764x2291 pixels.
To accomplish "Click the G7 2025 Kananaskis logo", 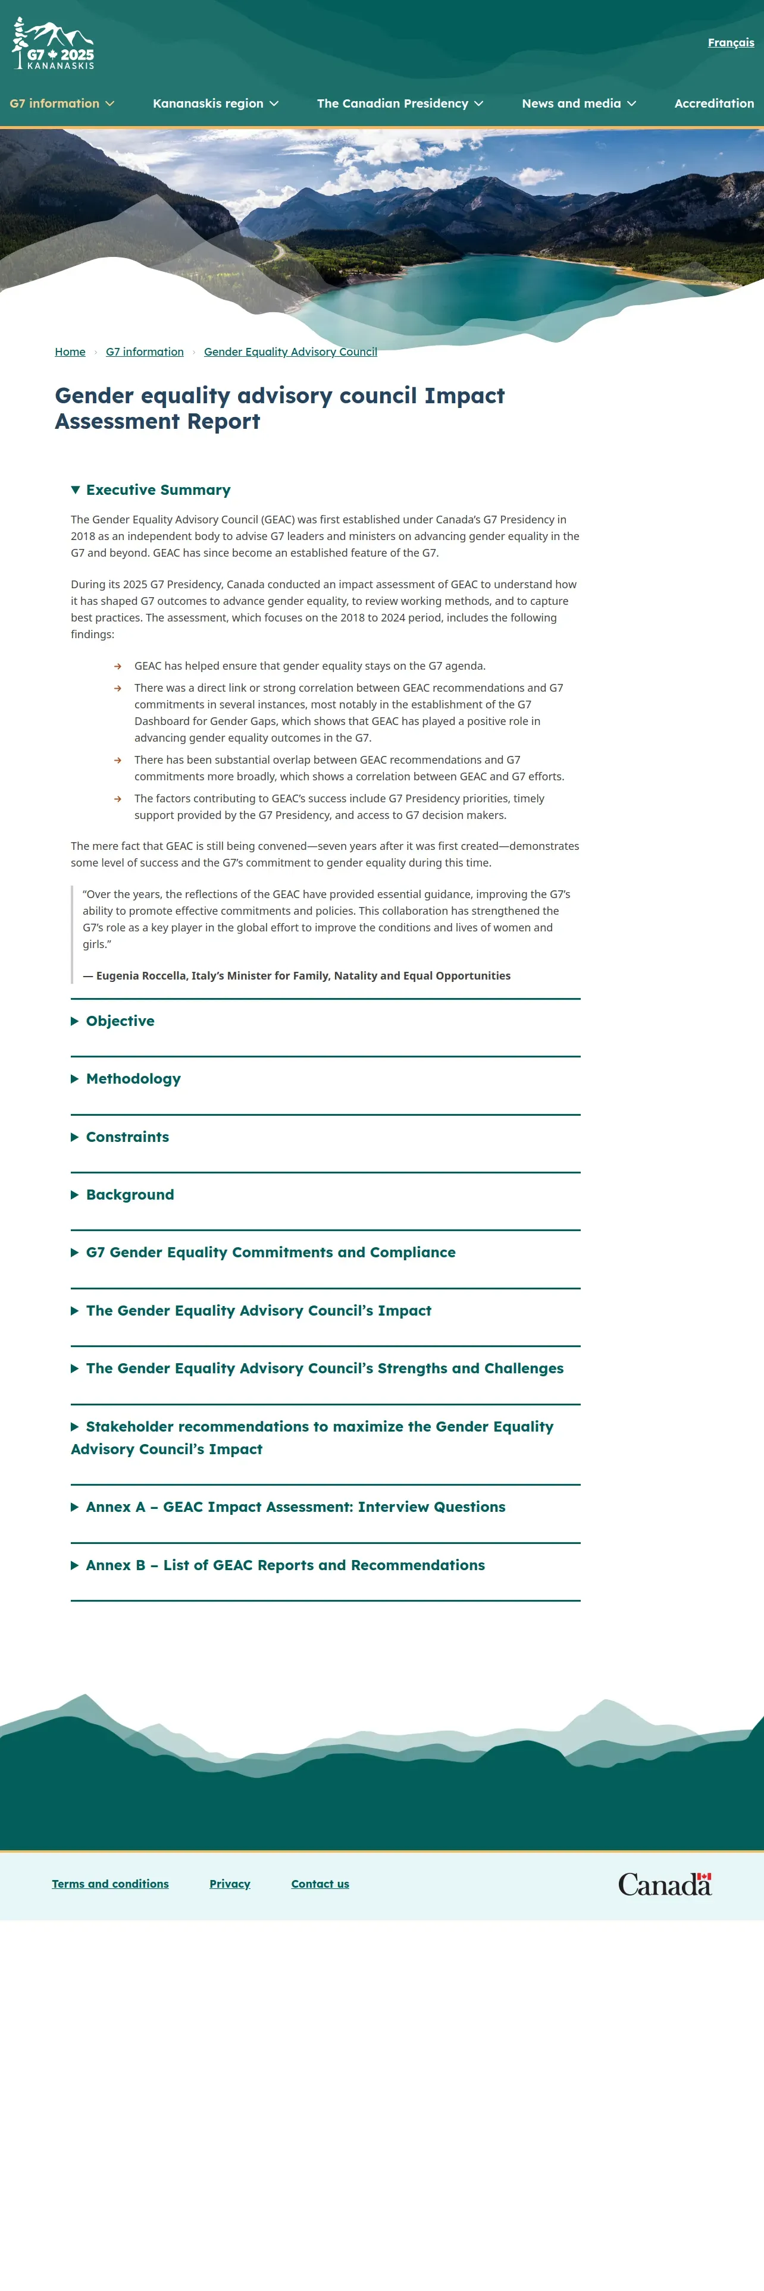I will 54,45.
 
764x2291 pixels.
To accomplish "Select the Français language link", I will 730,43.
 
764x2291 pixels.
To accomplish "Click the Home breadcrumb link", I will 70,352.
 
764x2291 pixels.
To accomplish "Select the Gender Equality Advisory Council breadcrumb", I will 290,352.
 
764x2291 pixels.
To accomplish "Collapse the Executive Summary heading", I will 158,490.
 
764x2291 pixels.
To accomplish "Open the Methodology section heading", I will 133,1079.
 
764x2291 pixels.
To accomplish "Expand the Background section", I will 130,1194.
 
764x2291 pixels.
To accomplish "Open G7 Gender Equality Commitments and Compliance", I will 270,1252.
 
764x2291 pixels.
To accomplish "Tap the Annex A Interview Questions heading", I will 295,1507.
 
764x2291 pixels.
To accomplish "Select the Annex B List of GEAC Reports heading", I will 284,1565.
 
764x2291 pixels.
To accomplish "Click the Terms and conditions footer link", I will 110,1884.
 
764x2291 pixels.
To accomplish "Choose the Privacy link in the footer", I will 230,1884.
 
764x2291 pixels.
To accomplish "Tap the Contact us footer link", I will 320,1884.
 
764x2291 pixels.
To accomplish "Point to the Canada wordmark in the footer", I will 665,1884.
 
